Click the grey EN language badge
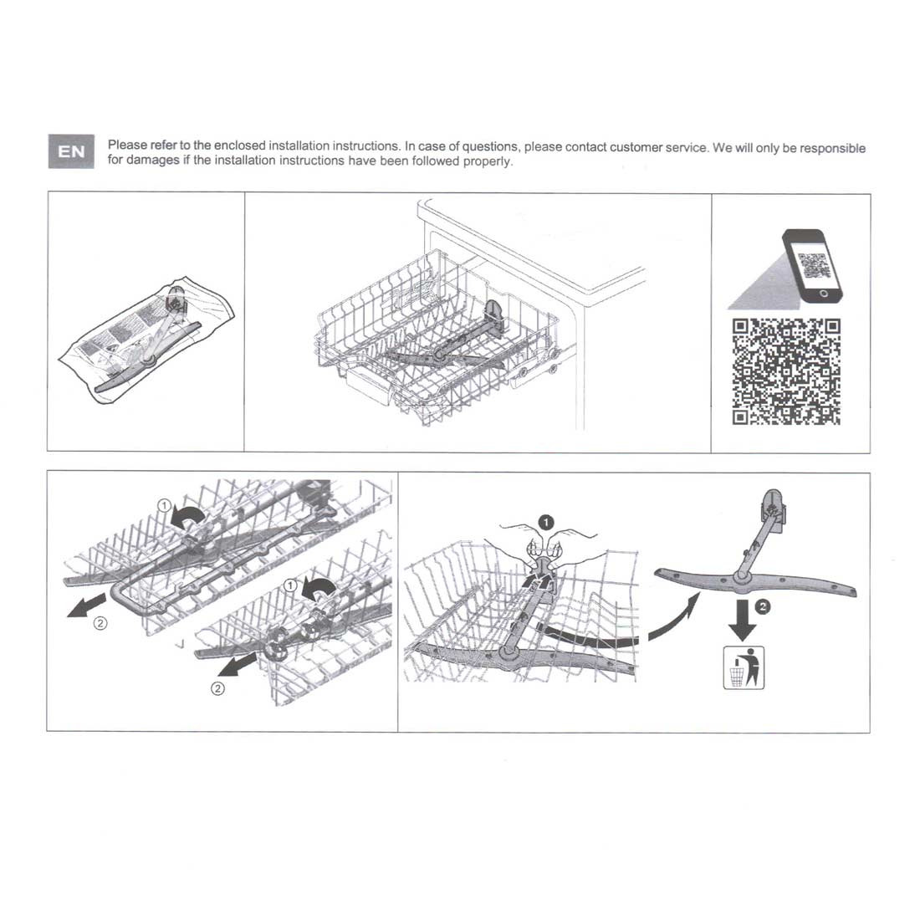pyautogui.click(x=71, y=151)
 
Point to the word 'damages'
pyautogui.click(x=152, y=161)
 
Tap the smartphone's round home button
pyautogui.click(x=823, y=294)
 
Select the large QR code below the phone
pyautogui.click(x=786, y=371)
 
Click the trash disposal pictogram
pyautogui.click(x=744, y=667)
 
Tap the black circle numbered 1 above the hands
pyautogui.click(x=545, y=522)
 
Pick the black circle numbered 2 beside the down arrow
pyautogui.click(x=762, y=606)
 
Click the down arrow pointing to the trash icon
pyautogui.click(x=743, y=621)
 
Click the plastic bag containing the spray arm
pyautogui.click(x=146, y=340)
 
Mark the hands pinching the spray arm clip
pyautogui.click(x=544, y=546)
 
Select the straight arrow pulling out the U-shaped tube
pyautogui.click(x=87, y=606)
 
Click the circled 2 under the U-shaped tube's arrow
pyautogui.click(x=100, y=623)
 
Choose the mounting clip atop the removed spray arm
pyautogui.click(x=774, y=510)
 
